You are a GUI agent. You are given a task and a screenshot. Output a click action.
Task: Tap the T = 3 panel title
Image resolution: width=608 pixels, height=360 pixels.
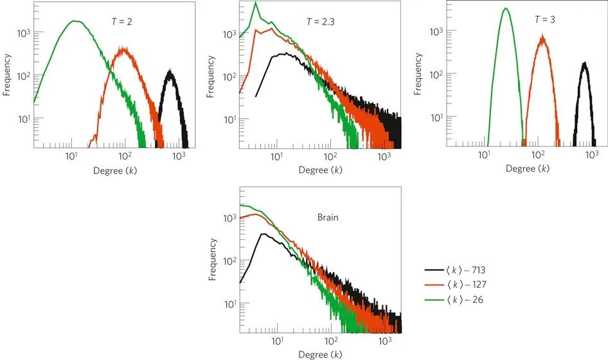coord(545,19)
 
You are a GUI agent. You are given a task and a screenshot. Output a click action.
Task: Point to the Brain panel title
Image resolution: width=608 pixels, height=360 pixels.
coord(328,217)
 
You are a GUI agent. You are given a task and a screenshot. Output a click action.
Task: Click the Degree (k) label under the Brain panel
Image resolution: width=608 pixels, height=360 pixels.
coord(320,354)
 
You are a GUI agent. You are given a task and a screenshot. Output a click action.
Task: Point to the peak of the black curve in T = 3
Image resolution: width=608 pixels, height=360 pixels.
coord(584,63)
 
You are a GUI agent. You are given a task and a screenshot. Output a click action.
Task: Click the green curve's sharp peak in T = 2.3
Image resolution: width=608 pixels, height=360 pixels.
coord(256,3)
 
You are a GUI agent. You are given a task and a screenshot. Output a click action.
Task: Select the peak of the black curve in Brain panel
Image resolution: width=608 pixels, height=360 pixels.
coord(264,234)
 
